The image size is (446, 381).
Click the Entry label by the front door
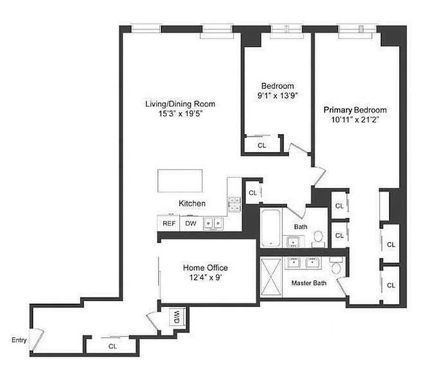coord(19,340)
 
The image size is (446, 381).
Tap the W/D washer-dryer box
coord(176,316)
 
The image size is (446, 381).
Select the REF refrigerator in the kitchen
coord(169,223)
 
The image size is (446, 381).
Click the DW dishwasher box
coord(190,223)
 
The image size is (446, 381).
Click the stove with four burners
coord(234,203)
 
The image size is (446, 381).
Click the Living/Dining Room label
coord(180,104)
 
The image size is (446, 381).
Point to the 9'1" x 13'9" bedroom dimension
coord(277,95)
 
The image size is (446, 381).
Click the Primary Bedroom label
coord(355,110)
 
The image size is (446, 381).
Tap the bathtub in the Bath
coord(271,228)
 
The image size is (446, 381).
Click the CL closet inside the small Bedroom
coord(261,145)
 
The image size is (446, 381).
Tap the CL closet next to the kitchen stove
coord(253,193)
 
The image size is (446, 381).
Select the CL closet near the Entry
coord(113,346)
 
